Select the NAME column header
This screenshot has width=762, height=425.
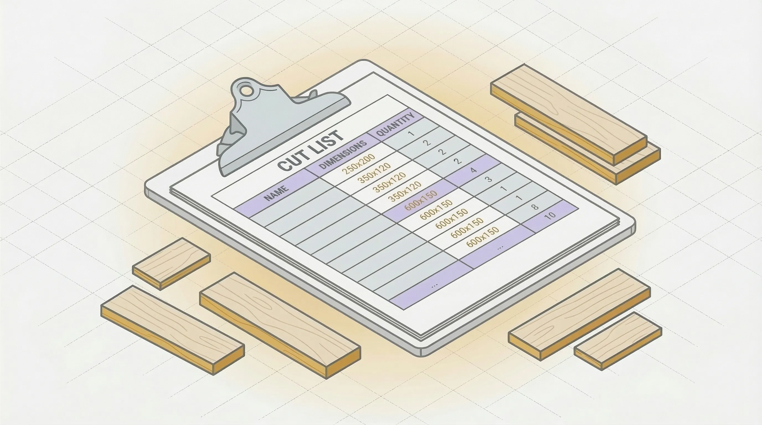(276, 193)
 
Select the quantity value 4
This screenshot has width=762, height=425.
(473, 170)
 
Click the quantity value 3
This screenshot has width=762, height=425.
(489, 179)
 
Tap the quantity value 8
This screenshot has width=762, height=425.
(535, 206)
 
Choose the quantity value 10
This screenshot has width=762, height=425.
(550, 215)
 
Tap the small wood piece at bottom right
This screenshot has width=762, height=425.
(618, 340)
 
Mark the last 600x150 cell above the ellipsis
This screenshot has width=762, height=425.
(482, 237)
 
